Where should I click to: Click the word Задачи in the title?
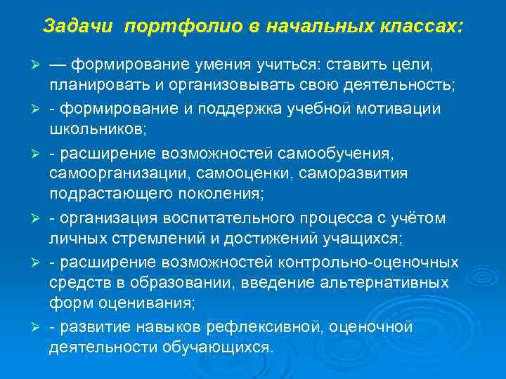click(x=79, y=27)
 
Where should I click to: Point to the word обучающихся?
click(x=221, y=347)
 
